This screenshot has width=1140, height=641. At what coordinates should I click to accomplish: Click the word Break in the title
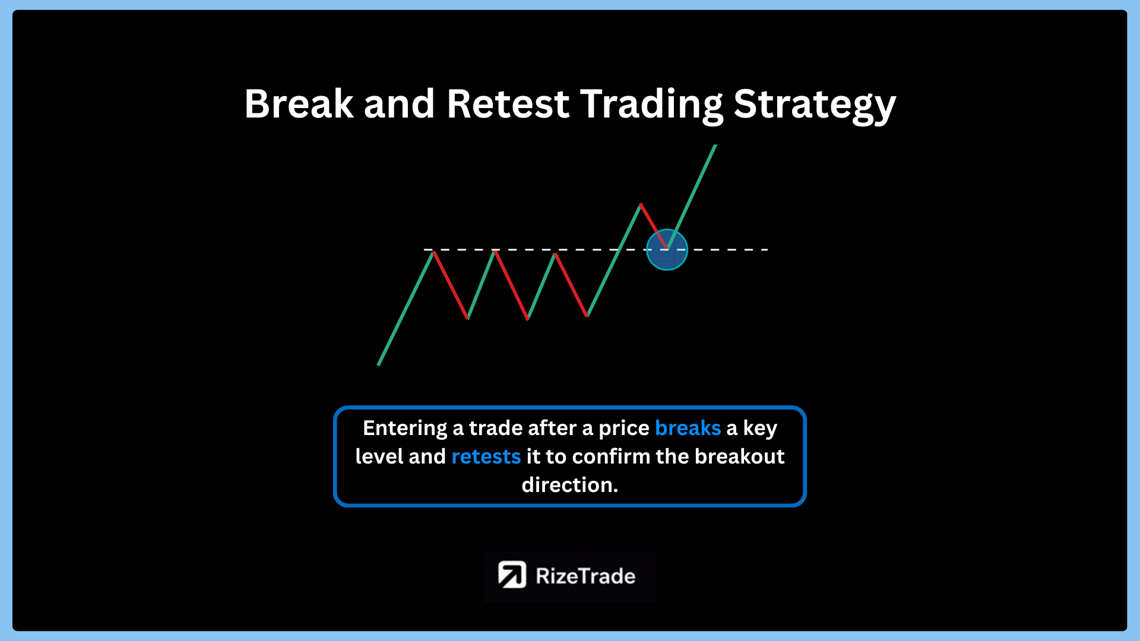click(299, 104)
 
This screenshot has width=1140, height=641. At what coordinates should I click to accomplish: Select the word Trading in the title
click(651, 106)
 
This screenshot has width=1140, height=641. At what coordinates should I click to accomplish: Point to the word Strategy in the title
click(815, 106)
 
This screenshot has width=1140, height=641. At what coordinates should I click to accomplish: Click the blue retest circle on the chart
click(667, 250)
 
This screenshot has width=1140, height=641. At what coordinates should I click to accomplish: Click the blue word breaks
click(688, 428)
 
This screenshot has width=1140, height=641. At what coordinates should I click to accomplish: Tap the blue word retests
click(486, 456)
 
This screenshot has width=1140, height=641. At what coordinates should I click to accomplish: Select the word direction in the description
click(569, 485)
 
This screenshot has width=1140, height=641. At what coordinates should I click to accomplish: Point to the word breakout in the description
click(739, 456)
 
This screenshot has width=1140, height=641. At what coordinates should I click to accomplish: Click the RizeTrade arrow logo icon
click(512, 575)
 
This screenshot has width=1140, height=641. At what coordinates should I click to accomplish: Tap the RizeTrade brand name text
click(585, 576)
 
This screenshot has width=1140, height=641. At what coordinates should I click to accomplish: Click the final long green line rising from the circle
click(692, 196)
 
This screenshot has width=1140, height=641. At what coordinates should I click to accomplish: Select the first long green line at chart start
click(406, 309)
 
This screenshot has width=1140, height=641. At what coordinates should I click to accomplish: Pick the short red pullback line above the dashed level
click(654, 226)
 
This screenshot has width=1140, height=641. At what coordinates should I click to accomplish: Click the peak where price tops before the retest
click(640, 204)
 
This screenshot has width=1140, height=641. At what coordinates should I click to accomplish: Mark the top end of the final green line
click(715, 145)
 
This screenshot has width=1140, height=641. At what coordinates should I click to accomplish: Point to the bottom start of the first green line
click(378, 365)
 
